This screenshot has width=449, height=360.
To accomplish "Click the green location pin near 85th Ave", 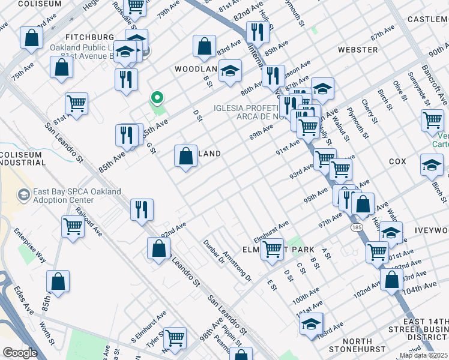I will (x=157, y=97).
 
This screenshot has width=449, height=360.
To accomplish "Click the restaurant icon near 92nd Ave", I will (x=142, y=210).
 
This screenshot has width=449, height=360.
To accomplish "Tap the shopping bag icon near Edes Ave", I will (x=58, y=281).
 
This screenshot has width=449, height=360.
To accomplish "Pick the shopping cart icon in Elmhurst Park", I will (x=273, y=249).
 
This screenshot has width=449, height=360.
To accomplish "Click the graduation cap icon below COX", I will (x=432, y=165).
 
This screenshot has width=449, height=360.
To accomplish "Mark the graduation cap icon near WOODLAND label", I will (x=229, y=71).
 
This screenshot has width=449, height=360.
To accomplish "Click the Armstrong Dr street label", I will (x=237, y=266).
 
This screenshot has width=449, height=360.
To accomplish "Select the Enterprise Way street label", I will (x=31, y=246).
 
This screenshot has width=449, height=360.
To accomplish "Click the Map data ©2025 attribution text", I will (x=423, y=355).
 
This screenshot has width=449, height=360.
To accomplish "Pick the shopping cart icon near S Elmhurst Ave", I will (x=175, y=338).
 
